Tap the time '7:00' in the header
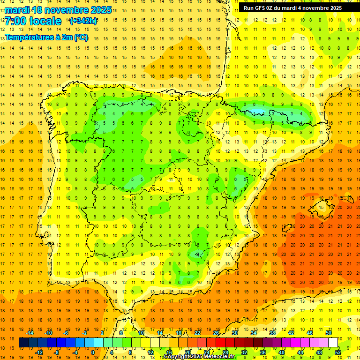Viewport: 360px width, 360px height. click(16, 21)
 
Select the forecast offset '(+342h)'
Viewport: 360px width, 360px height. click(83, 21)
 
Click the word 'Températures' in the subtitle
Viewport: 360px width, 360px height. click(30, 37)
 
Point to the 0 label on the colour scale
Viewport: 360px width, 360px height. click(92, 352)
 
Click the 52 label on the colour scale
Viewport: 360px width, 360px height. click(338, 352)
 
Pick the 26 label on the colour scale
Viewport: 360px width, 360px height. click(216, 333)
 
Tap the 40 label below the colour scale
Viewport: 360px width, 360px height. click(282, 352)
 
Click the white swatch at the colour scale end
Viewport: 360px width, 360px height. click(333, 343)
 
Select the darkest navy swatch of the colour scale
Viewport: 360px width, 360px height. click(23, 343)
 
